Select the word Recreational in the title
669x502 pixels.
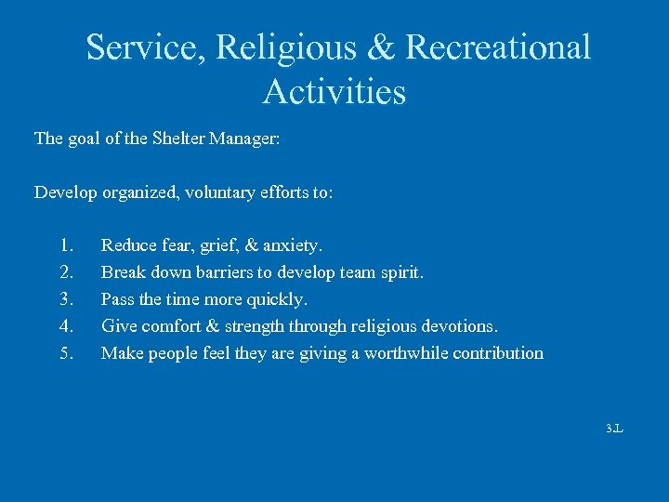[498, 47]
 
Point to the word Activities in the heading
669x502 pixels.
[334, 92]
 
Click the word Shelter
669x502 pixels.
[177, 139]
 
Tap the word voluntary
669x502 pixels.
[220, 192]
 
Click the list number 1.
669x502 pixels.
[65, 246]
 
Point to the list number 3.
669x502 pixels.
[65, 299]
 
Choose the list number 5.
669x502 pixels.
[65, 353]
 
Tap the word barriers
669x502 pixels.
[219, 273]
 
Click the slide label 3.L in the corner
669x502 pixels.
[614, 429]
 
